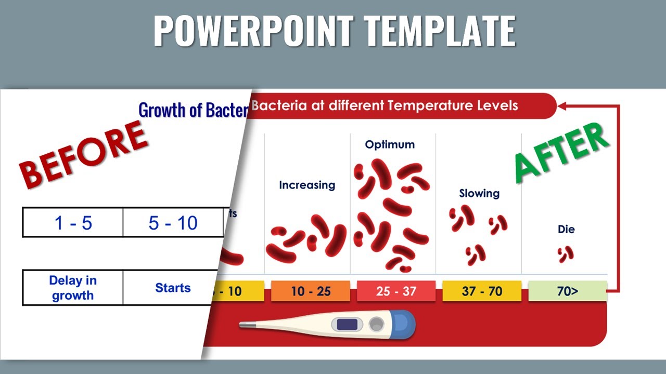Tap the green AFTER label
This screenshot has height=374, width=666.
(x=562, y=153)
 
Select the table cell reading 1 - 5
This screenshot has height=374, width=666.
(x=73, y=223)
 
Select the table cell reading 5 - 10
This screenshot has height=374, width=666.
(x=173, y=223)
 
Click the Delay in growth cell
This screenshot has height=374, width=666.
(x=73, y=288)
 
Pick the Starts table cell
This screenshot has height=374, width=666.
(x=172, y=288)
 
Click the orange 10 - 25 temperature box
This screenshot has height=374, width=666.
(x=311, y=291)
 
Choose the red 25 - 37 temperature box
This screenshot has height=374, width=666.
(x=396, y=291)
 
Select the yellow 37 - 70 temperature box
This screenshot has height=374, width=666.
(x=482, y=291)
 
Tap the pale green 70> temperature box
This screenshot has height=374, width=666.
(x=567, y=291)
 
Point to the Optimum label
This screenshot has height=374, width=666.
(x=390, y=144)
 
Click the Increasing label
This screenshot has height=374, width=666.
(x=307, y=185)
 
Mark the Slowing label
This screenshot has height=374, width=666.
(x=479, y=193)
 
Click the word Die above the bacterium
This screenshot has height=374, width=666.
(x=566, y=229)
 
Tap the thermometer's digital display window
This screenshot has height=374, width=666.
(x=347, y=325)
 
